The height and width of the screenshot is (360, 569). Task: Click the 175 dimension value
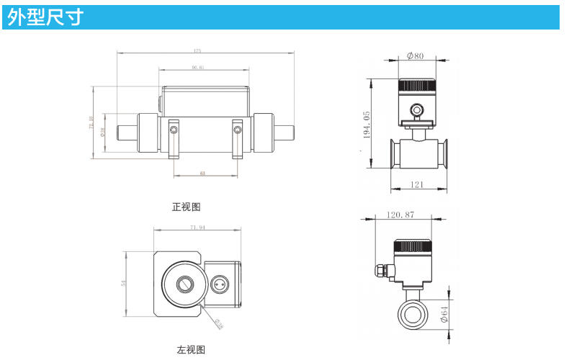197,50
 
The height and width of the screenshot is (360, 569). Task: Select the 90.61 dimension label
198,68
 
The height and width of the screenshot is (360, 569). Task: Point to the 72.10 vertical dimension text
91,123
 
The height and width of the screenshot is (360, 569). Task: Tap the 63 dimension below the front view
202,174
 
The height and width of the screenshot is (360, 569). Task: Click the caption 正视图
186,207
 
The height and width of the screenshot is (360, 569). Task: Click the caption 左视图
191,350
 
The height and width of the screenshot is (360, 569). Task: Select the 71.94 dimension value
197,228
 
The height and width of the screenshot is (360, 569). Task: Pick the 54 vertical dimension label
123,283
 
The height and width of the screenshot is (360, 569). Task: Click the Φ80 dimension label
415,55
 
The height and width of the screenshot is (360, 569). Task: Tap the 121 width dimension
418,185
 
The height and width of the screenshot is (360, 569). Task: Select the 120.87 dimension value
400,215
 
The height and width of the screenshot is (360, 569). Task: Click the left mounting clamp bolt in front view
173,130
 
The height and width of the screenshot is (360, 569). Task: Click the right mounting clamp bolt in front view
237,130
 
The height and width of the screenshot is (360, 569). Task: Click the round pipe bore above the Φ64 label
413,315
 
